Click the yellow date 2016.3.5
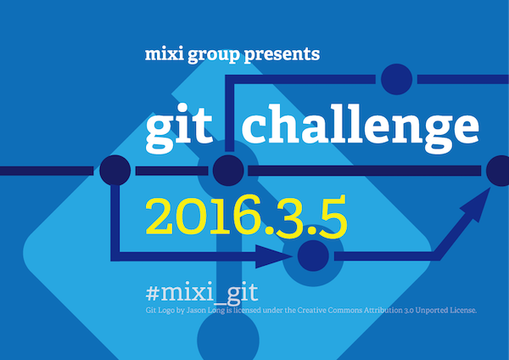pos(247,219)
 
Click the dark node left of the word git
pos(115,171)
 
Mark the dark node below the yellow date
pos(313,254)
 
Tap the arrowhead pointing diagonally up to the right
pos(482,199)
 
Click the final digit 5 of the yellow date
pos(332,219)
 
